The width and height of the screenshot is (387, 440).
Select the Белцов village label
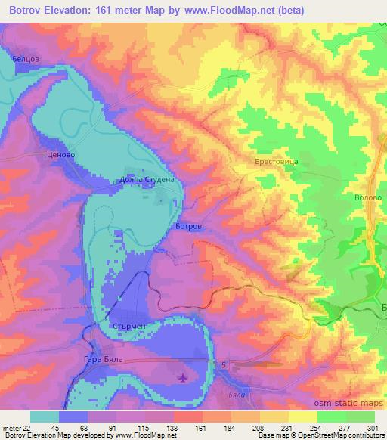click(x=25, y=57)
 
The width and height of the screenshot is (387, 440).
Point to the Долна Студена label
click(x=147, y=181)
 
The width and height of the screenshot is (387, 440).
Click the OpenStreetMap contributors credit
click(x=344, y=436)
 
